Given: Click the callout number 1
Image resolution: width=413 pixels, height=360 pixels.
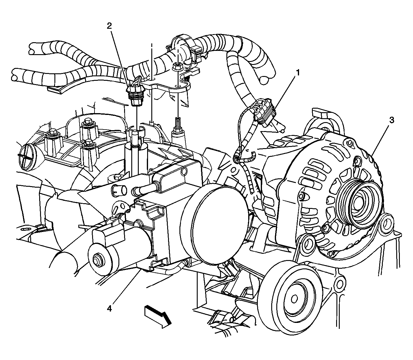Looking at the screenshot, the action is point(297,73).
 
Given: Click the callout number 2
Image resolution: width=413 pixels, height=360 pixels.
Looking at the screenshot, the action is point(109,26).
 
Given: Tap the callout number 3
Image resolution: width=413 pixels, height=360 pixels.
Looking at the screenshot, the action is point(391,120).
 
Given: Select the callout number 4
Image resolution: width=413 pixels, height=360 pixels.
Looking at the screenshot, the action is point(109,308).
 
